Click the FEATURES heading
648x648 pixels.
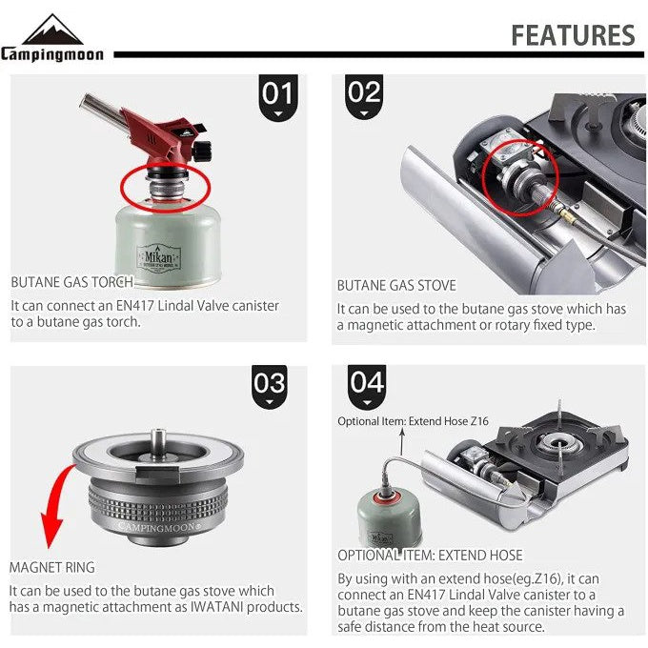(572, 35)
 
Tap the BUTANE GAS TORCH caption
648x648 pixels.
(72, 282)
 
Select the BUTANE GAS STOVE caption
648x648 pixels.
(396, 285)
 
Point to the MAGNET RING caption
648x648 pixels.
(52, 567)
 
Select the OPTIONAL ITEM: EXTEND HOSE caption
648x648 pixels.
(430, 555)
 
